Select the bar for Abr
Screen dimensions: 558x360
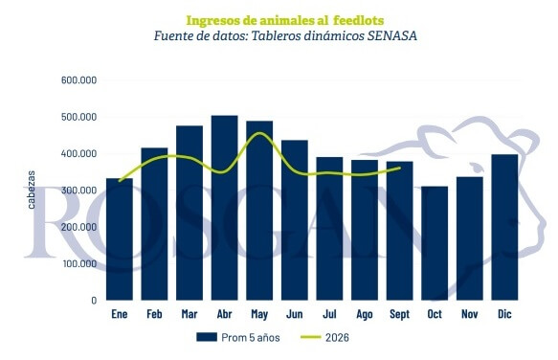point(224,208)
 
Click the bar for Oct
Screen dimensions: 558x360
point(435,243)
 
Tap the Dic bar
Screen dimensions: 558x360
point(504,227)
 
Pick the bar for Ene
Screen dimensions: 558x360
point(120,239)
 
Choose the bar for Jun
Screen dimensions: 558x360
point(294,220)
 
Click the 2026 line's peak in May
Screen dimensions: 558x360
point(259,133)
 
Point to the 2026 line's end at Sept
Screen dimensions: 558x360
point(400,168)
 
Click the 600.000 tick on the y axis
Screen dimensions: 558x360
point(78,80)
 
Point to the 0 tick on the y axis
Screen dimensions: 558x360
point(94,301)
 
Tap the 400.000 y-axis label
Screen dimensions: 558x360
point(78,154)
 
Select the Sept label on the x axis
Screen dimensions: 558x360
point(400,314)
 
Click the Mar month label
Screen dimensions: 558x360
point(190,314)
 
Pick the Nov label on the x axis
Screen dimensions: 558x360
point(469,314)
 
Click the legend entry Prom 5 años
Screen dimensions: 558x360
point(237,338)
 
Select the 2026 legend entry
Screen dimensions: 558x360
point(324,338)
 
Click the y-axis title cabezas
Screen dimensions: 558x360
point(32,190)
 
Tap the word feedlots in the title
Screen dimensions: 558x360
point(358,21)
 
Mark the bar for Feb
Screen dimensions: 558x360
point(154,224)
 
